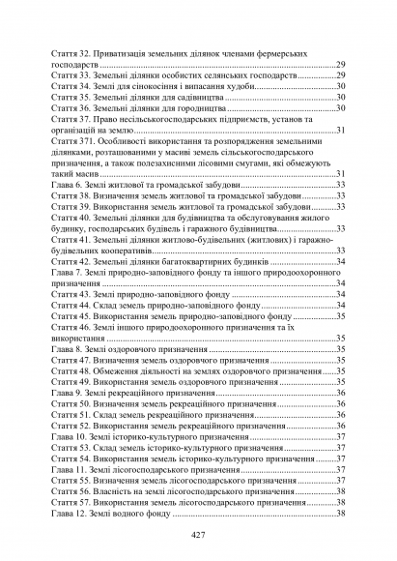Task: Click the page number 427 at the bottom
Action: tap(198, 535)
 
